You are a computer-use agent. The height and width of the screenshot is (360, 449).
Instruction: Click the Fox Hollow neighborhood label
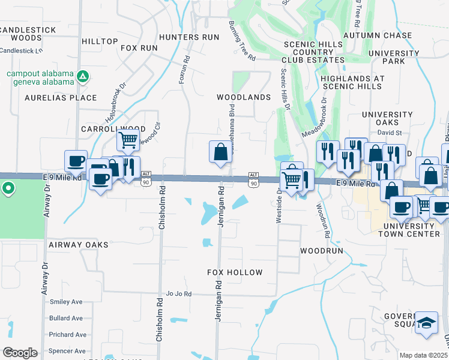(235, 272)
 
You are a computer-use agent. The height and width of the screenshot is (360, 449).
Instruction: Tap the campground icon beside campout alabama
(83, 76)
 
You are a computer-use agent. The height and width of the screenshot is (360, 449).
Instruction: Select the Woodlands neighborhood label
(244, 97)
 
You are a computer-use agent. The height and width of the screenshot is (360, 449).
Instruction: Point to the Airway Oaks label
(79, 245)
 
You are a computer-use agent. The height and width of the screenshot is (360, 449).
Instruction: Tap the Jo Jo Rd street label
(179, 294)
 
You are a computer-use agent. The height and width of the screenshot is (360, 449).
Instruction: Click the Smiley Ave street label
(66, 302)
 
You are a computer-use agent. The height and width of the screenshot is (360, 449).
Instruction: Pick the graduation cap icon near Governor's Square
(427, 322)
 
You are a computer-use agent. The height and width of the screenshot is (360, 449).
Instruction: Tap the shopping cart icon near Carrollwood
(128, 140)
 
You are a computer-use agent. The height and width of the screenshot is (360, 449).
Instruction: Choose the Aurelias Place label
(61, 98)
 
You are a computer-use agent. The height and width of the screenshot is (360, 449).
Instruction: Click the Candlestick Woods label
(21, 34)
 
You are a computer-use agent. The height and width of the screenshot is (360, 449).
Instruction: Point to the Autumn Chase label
(378, 36)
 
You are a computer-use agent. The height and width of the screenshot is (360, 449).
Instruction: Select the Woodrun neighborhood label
(322, 251)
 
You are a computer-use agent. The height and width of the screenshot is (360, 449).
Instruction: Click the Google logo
(20, 353)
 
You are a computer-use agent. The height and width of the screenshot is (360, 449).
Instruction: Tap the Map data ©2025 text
(423, 355)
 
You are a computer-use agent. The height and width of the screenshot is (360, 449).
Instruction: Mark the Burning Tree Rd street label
(243, 41)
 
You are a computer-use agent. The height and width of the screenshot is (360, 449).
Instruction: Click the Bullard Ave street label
(67, 318)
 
